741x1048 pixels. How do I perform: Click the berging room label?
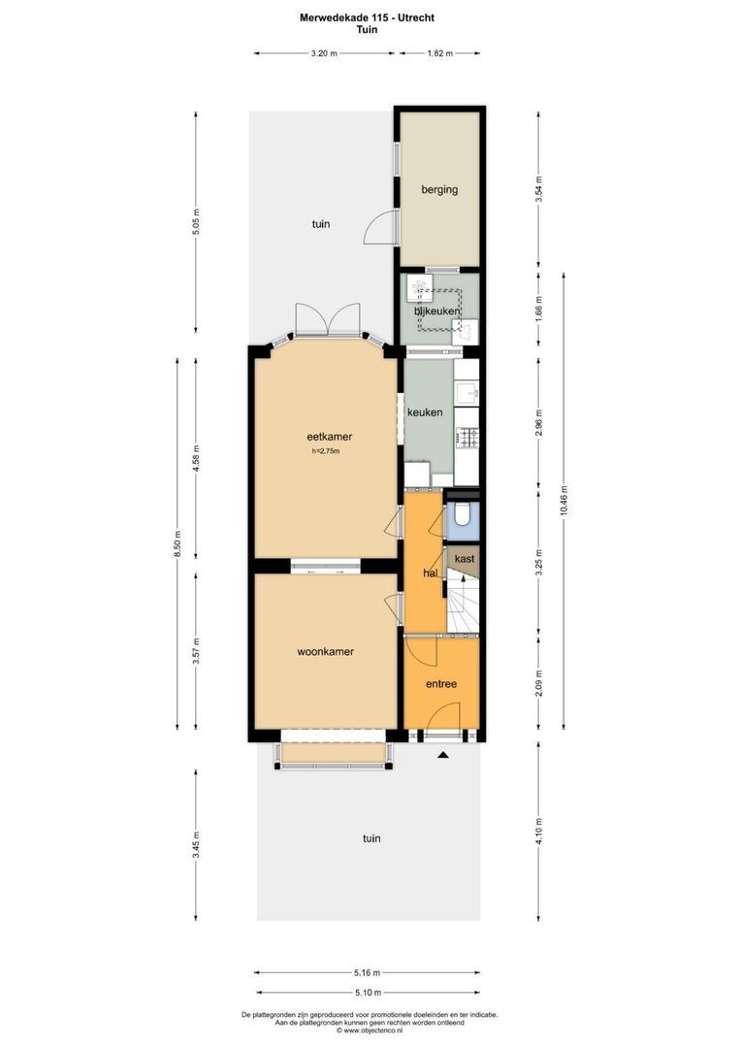point(439,190)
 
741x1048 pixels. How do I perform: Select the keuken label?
point(425,412)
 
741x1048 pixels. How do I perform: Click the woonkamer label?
point(325,652)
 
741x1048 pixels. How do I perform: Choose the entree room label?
point(441,684)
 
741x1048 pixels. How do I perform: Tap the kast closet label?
point(464,560)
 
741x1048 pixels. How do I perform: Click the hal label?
point(432,573)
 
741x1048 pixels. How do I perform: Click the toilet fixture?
point(463,516)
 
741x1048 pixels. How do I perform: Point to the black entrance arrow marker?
point(443,754)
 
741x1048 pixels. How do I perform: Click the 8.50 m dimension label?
point(177,543)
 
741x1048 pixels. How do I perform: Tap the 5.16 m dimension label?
point(367,972)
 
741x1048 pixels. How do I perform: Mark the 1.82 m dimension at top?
point(439,54)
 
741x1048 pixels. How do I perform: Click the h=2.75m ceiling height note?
point(326,451)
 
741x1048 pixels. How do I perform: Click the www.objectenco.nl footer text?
point(370,1031)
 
